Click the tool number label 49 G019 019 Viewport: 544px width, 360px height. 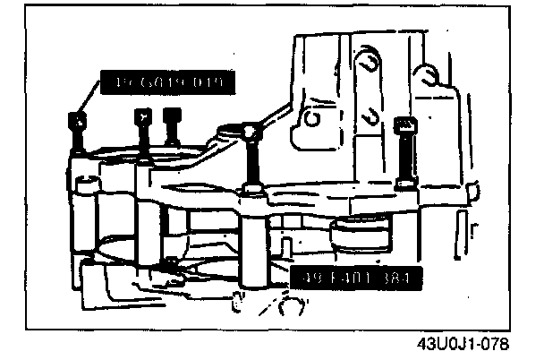tap(168, 85)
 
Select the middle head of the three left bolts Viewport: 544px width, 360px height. tap(140, 115)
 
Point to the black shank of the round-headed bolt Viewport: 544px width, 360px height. tap(252, 161)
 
